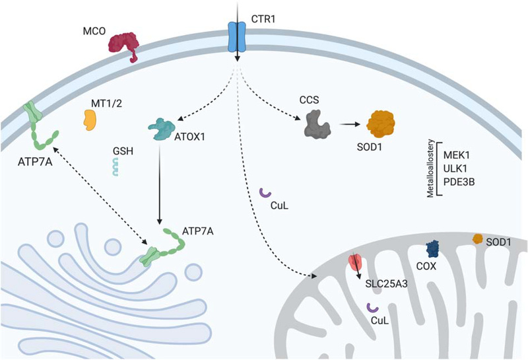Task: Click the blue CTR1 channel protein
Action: (236, 36)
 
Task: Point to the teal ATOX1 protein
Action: (161, 128)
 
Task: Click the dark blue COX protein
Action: (434, 249)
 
